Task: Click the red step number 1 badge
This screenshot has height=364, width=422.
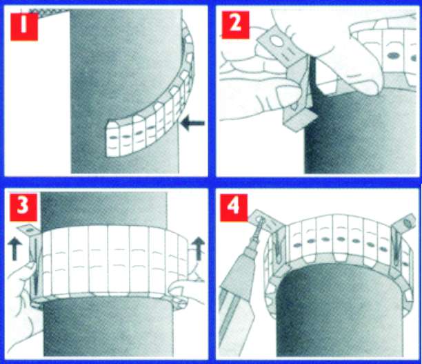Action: pos(24,27)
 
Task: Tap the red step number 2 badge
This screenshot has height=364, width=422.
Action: pos(236,25)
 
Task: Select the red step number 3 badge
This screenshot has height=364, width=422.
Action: pos(23,207)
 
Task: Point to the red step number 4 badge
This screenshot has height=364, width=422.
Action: pos(234,208)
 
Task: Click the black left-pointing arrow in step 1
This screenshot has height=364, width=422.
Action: pos(192,123)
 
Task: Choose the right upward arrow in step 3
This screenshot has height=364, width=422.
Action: pos(199,249)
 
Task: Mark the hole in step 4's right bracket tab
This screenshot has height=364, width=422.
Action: pos(408,222)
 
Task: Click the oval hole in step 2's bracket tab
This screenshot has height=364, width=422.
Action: pos(277,41)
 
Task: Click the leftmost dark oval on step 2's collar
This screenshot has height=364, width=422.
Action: pos(393,55)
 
